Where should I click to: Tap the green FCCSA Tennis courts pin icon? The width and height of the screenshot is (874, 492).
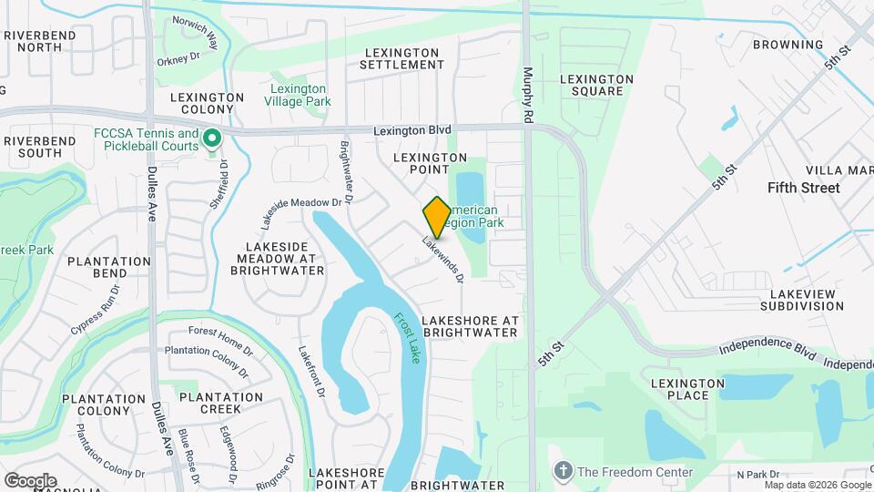(x=213, y=138)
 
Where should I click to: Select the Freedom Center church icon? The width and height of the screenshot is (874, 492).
(x=564, y=472)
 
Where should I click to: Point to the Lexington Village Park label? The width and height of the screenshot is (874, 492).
(x=298, y=96)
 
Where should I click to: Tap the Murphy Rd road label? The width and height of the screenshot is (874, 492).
(x=527, y=96)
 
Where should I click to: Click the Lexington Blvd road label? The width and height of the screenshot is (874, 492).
(x=412, y=131)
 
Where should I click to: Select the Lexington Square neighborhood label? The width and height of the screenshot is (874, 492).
(x=596, y=85)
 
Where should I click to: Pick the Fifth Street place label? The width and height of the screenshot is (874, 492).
(x=803, y=188)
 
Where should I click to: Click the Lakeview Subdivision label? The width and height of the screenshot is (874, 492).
(x=807, y=300)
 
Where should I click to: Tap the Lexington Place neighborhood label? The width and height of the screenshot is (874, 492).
(x=687, y=388)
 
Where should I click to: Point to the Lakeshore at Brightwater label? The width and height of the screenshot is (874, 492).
(x=471, y=326)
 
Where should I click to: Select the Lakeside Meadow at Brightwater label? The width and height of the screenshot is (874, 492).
(x=280, y=259)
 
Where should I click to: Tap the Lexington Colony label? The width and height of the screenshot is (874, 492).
(x=207, y=104)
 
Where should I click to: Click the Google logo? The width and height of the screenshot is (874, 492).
(x=30, y=480)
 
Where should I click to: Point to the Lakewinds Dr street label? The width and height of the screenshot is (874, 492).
(x=443, y=260)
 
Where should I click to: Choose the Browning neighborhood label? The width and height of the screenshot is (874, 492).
(x=788, y=45)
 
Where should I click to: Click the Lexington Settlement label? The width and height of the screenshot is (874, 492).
(x=401, y=58)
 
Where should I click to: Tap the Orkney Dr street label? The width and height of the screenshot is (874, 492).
(x=178, y=60)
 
